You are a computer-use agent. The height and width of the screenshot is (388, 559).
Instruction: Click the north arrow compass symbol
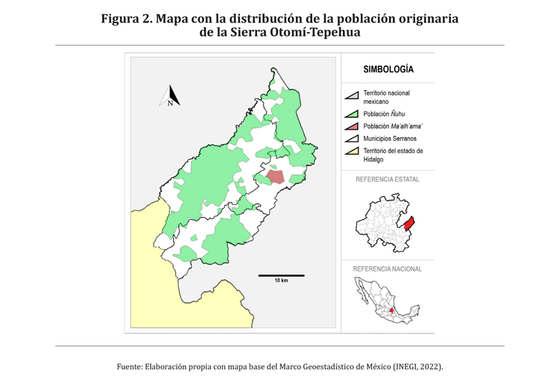click(170, 96)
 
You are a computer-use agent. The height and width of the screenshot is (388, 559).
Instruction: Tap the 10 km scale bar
click(280, 275)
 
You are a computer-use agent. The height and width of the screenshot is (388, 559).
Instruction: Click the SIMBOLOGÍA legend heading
click(388, 69)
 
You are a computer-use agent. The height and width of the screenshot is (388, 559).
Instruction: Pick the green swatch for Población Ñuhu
click(352, 114)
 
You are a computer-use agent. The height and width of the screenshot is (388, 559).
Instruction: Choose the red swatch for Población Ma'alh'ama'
click(352, 127)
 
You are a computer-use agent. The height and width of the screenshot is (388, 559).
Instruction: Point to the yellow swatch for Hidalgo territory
click(352, 152)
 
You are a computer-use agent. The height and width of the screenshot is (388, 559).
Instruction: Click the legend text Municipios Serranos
click(390, 139)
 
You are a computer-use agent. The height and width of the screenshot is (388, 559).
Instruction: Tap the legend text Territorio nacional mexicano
click(386, 97)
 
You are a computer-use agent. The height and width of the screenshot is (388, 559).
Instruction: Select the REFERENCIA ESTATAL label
click(387, 180)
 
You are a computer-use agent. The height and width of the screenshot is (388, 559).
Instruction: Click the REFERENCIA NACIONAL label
click(387, 269)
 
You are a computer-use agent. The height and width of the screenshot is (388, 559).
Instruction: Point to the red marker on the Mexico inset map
click(392, 306)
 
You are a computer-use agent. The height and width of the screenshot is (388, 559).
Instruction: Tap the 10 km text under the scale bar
click(280, 281)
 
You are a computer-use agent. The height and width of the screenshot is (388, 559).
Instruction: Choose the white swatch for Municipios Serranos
click(352, 140)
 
